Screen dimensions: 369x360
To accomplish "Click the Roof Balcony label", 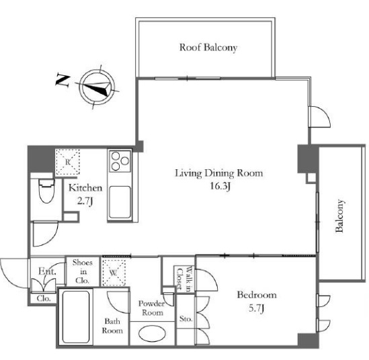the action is click(208, 48).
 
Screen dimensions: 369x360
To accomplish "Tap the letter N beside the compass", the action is click(63, 81).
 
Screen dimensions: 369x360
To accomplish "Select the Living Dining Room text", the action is click(219, 173).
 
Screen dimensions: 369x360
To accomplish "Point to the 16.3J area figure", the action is click(220, 187).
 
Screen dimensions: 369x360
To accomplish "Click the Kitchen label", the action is click(85, 188).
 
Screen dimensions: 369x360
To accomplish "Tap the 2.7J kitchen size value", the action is click(85, 201).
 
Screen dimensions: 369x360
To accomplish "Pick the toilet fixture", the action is click(46, 191).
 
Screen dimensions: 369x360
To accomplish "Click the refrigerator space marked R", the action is click(67, 162).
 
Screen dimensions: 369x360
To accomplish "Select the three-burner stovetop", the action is click(120, 161).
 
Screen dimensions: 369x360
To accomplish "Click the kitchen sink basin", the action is click(120, 202).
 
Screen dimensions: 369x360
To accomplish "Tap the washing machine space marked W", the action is click(113, 273).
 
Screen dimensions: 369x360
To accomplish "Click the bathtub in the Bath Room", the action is click(76, 317).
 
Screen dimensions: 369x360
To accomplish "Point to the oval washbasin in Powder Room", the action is click(152, 333).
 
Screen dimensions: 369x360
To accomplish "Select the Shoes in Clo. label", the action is click(83, 271).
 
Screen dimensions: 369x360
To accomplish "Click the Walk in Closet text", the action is click(183, 279).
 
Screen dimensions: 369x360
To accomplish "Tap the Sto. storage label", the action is click(186, 319).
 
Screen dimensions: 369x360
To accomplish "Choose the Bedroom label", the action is click(257, 295).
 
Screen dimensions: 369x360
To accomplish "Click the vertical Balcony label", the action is click(339, 216).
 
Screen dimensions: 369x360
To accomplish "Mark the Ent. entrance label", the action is click(47, 271).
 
